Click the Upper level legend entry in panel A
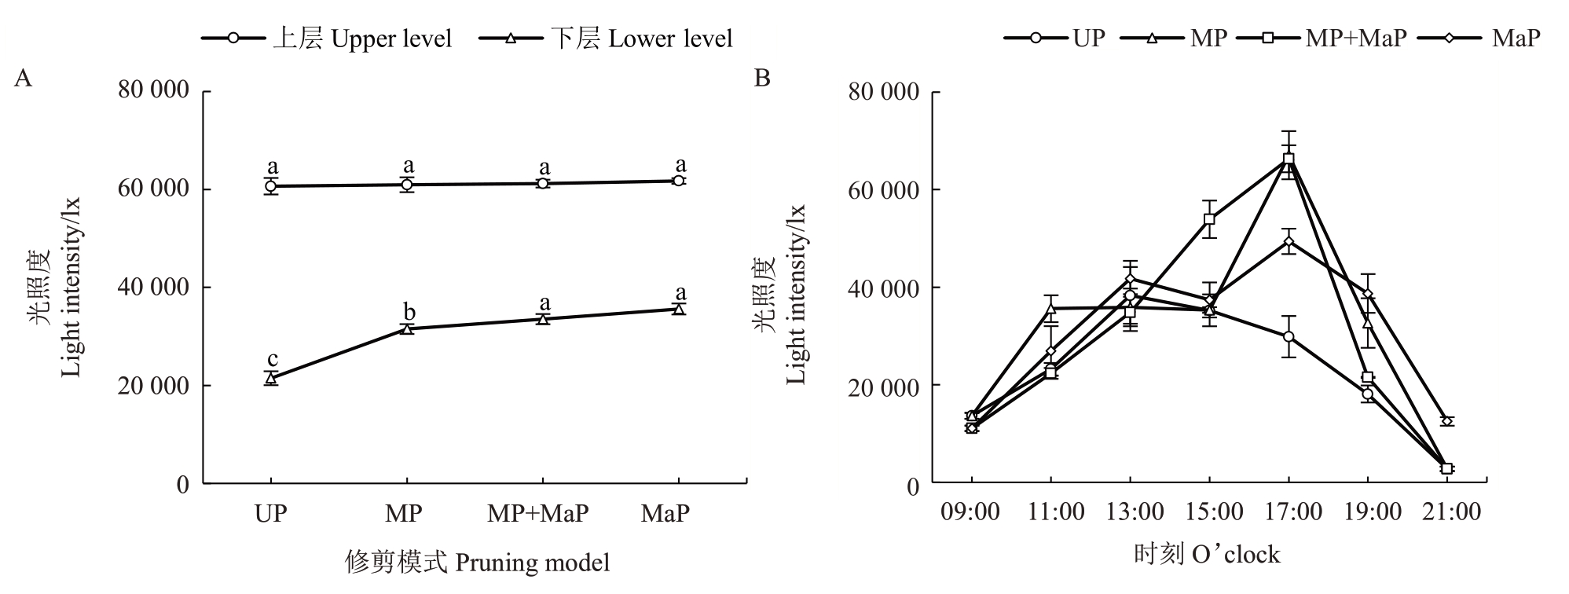pos(326,38)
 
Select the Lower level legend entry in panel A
pos(605,38)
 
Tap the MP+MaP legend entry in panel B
pos(1321,38)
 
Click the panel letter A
pos(23,79)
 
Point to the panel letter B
pos(761,79)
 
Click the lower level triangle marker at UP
pos(271,379)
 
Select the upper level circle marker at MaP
pos(678,181)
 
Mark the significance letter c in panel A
pos(272,359)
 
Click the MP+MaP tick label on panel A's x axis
pos(537,514)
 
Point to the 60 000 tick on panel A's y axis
pos(153,189)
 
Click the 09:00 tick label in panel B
pos(971,512)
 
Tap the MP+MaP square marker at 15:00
pos(1209,219)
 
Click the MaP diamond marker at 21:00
pos(1447,421)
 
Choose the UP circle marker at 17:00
pos(1289,336)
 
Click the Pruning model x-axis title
pos(477,563)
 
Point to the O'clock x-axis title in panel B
pos(1207,555)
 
